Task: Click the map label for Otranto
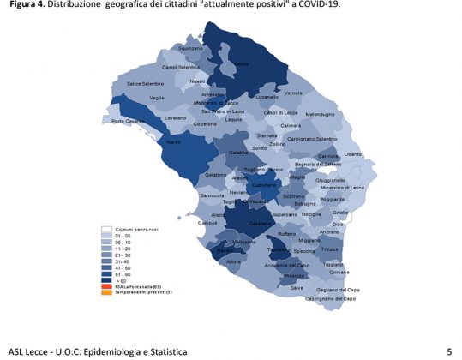tap(352, 153)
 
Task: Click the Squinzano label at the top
tap(190, 48)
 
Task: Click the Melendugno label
tap(320, 114)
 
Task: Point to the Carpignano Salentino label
tap(313, 139)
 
